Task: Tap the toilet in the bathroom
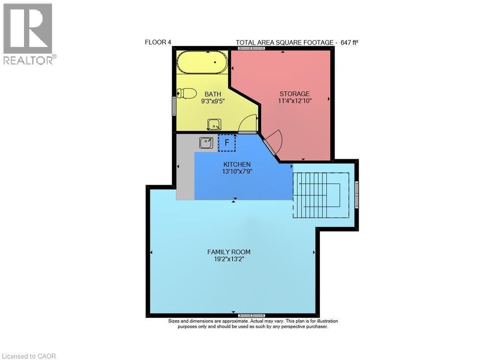tap(187, 93)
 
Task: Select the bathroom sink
tap(214, 123)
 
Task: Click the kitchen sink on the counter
tap(206, 143)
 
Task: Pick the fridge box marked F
tap(226, 143)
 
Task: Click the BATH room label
tap(213, 94)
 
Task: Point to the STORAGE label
tap(294, 94)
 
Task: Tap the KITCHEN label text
tap(237, 165)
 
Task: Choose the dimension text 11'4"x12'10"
tap(294, 100)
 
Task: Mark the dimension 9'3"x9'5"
tap(213, 101)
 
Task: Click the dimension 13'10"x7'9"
tap(237, 171)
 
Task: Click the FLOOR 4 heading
tap(158, 42)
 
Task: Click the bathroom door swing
tap(248, 124)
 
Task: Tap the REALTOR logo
tap(28, 34)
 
